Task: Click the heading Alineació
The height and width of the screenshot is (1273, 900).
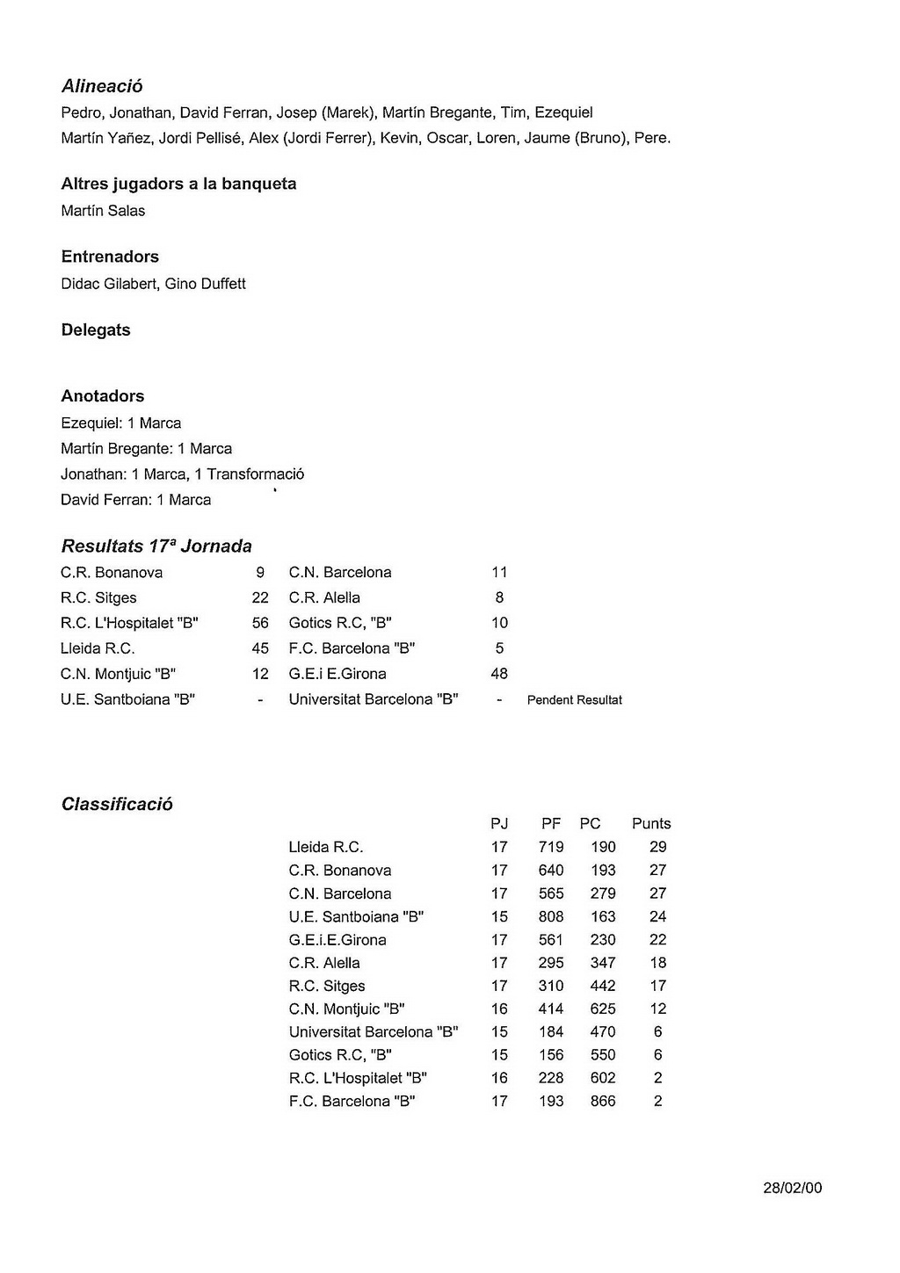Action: [x=102, y=86]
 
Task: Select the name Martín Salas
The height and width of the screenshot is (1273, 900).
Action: [x=103, y=211]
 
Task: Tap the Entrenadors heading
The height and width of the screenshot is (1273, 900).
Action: [x=110, y=257]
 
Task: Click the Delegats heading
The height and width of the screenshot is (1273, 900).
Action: [x=96, y=330]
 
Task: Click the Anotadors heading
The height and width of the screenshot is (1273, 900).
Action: [x=103, y=396]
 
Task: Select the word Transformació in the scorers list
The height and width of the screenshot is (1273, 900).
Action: [x=255, y=474]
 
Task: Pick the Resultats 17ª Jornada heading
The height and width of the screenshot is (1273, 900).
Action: [x=156, y=546]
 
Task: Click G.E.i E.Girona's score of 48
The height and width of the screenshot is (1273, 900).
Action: [x=499, y=674]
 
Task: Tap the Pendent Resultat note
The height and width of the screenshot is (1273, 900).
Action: [x=575, y=700]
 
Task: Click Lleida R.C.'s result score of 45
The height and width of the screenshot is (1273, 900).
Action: [x=260, y=648]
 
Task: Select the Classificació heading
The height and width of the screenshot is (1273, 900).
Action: [x=117, y=805]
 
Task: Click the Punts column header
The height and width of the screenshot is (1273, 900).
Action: [x=651, y=824]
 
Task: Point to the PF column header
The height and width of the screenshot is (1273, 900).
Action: [x=551, y=824]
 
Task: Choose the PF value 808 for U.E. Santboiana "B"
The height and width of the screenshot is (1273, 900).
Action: [x=551, y=916]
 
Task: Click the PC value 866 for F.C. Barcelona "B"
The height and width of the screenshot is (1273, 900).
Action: [x=603, y=1101]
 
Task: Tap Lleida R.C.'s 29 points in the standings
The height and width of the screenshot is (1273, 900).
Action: [x=657, y=847]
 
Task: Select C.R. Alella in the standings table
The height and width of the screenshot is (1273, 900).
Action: [x=324, y=963]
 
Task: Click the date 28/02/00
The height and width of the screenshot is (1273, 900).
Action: [x=792, y=1188]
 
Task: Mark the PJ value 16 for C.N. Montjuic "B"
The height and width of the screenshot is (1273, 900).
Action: [x=499, y=1009]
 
